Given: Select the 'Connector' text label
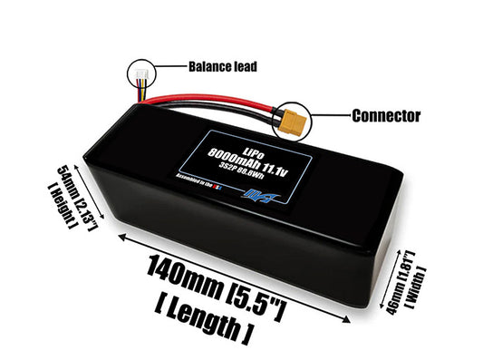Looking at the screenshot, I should tap(383, 116).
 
